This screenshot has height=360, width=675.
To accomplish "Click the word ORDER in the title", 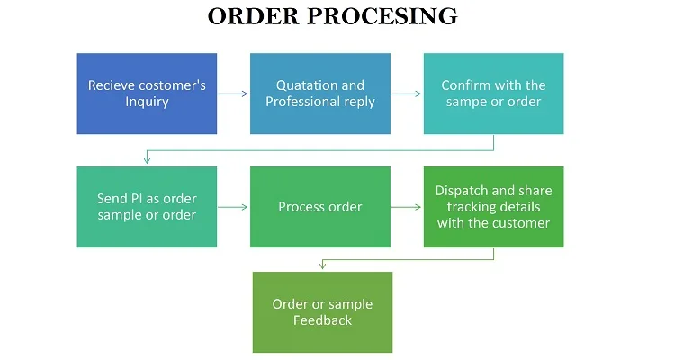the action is (x=254, y=16).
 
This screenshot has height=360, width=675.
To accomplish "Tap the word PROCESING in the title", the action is (x=382, y=16).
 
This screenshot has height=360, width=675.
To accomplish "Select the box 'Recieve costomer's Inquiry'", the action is (x=147, y=94).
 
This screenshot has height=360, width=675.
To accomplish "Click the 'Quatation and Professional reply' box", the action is (x=320, y=94).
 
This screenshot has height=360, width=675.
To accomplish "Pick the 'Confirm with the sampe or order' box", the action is (x=494, y=94).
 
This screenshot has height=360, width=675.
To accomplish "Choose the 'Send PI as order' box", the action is (x=147, y=207).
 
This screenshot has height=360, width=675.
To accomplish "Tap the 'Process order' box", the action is (x=320, y=207).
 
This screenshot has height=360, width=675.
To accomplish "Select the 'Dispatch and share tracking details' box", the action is (x=494, y=207).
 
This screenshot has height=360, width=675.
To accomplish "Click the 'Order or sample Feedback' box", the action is (x=322, y=312).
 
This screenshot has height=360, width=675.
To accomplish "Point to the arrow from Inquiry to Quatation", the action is (x=233, y=94).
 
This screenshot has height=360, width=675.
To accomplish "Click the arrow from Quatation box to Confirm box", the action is (x=407, y=94).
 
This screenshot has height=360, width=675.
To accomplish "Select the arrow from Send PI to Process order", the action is (x=233, y=207).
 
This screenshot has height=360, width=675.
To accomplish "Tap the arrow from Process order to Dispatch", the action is (x=407, y=207).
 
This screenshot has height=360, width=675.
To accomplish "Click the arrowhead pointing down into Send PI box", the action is (x=147, y=160).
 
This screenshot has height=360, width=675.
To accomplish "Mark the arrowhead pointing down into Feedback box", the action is (x=322, y=265).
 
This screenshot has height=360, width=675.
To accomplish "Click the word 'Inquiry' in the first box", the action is (x=147, y=102).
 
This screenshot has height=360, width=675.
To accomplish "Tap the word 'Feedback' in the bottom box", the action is (x=322, y=320).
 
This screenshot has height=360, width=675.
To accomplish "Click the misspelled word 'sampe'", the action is (x=463, y=102).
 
